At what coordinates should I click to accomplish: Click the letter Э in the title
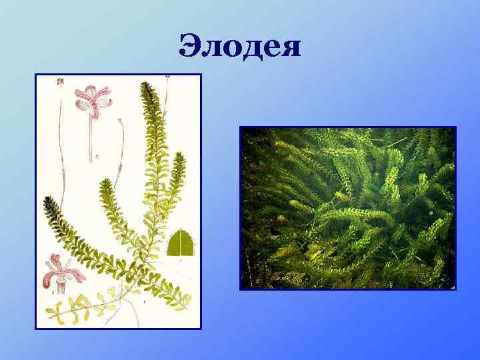coord(191,46)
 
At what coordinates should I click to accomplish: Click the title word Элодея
coord(240,47)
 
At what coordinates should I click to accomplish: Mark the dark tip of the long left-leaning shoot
coord(48,201)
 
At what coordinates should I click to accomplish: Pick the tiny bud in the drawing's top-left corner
coord(60,81)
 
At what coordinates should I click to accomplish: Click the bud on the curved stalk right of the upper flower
coord(119,121)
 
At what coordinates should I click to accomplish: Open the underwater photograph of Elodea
coord(347,208)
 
